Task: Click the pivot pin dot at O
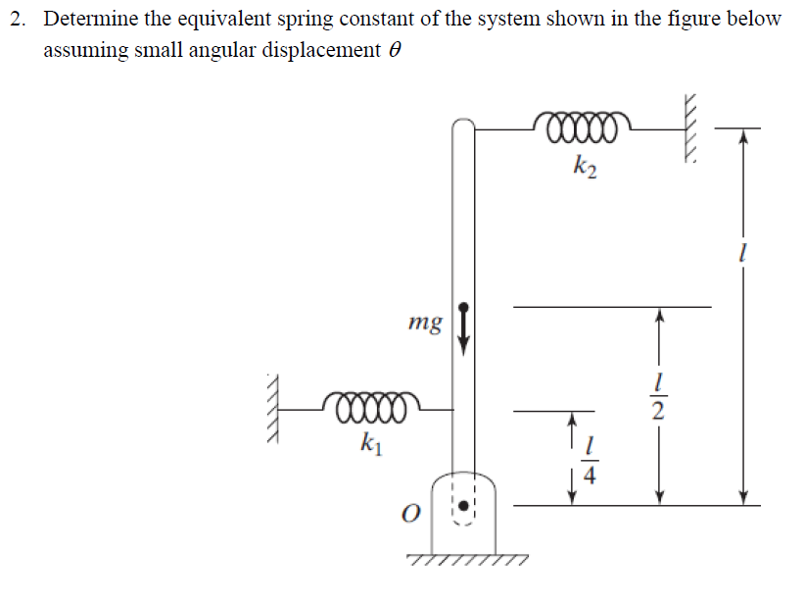coord(464,511)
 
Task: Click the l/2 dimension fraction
coord(660,396)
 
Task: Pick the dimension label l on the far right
coord(743,254)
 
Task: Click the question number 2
coord(19,19)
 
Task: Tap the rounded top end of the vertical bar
coord(463,126)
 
